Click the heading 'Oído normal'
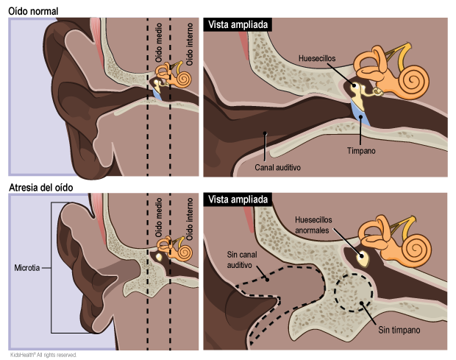point(34,10)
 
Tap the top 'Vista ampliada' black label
point(240,24)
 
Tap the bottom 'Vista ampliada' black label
point(240,200)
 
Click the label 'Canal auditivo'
point(279,167)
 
